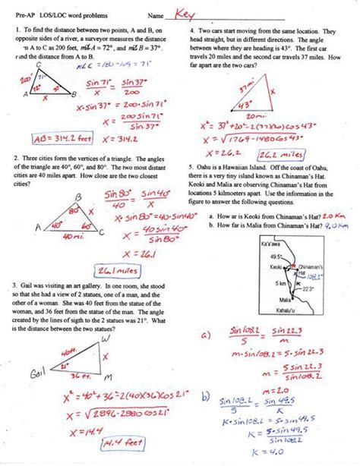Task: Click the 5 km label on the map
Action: click(241, 283)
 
